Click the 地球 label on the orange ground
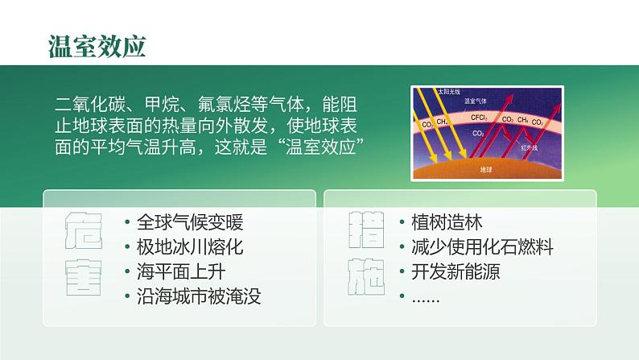(x=485, y=170)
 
